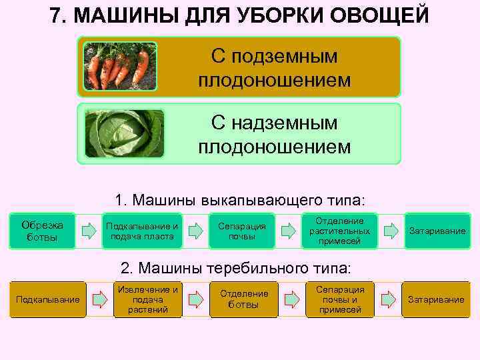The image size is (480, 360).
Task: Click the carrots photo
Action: coord(119,67)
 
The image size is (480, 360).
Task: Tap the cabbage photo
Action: coord(125,133)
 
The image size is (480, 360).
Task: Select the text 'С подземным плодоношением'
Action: coord(274,67)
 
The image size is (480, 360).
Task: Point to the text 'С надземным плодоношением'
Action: coord(274,133)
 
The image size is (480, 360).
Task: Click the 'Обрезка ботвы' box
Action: coord(43,231)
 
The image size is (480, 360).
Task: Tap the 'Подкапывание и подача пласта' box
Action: coord(142,231)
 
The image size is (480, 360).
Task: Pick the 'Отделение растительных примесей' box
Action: coord(339,231)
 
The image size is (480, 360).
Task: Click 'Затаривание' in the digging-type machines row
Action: coord(437,231)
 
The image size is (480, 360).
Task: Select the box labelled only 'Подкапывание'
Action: coord(47,299)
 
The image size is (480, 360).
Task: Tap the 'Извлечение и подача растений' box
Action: coord(147,299)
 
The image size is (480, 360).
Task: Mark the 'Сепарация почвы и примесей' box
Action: coord(340,299)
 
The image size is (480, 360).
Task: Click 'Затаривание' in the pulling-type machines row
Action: coord(436,299)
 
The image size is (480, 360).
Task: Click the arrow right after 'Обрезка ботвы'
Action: coord(89,231)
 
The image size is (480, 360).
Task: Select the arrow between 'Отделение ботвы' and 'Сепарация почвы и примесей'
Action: coord(291,299)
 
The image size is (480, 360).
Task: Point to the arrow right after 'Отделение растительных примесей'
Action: coord(390,231)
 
